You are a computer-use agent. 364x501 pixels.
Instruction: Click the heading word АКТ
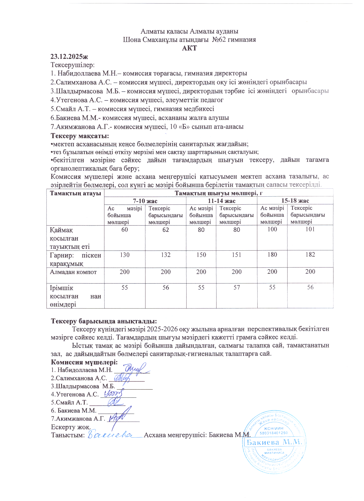189,48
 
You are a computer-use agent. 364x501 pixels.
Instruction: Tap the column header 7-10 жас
145,201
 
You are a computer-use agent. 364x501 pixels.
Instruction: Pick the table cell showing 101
310,229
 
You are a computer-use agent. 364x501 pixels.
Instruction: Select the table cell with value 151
236,255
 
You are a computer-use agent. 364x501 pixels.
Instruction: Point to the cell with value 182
310,255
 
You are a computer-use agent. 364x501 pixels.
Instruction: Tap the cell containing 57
236,288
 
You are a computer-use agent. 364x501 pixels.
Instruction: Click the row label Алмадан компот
73,272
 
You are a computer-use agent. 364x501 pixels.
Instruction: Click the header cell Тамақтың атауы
75,193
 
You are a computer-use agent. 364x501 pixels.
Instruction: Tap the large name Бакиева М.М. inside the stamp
274,443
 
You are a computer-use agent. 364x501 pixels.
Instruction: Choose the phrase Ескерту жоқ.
70,427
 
